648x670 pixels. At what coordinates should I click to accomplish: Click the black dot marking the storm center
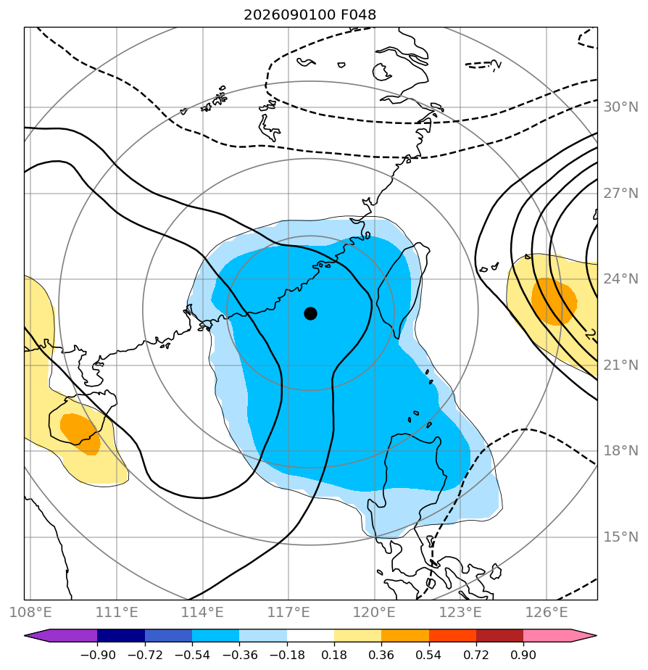click(x=310, y=314)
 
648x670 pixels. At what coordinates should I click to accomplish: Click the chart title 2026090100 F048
click(x=310, y=15)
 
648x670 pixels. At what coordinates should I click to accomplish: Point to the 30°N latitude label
click(x=620, y=107)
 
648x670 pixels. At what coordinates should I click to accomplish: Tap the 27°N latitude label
click(x=620, y=194)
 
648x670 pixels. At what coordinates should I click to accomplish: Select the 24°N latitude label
click(x=620, y=279)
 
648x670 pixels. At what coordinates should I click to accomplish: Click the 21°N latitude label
click(x=620, y=365)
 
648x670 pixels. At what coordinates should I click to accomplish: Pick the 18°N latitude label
click(x=620, y=451)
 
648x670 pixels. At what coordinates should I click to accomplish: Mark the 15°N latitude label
click(x=620, y=537)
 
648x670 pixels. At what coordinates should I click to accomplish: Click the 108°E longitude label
click(x=30, y=612)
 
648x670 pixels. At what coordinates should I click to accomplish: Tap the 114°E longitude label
click(x=202, y=612)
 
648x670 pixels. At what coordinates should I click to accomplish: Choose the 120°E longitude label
click(x=374, y=612)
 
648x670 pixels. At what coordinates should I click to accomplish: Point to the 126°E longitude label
click(x=547, y=612)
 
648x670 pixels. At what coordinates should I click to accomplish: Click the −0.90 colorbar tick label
click(x=98, y=655)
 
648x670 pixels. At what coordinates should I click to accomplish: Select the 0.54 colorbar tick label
click(x=428, y=655)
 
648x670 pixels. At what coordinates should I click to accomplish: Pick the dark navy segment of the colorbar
click(x=121, y=636)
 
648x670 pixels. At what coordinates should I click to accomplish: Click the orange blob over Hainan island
click(x=80, y=434)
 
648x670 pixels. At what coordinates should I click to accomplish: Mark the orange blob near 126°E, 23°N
click(x=554, y=302)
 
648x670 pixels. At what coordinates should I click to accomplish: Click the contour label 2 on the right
click(x=590, y=334)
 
